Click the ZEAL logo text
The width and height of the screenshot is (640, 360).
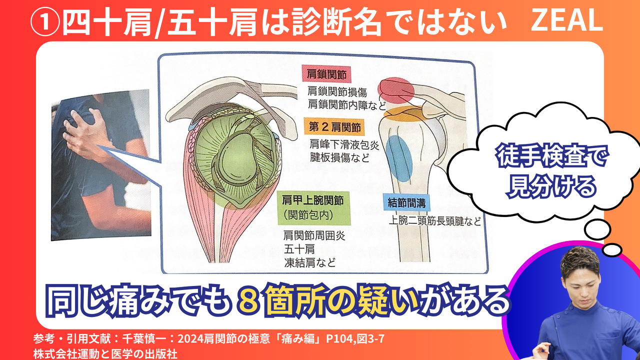[567, 20]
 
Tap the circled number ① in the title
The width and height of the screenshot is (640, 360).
[45, 21]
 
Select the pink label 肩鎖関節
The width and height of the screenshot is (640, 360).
[326, 74]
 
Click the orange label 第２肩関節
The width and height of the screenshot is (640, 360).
[334, 127]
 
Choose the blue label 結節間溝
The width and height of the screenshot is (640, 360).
[407, 203]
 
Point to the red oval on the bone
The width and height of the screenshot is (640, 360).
[395, 89]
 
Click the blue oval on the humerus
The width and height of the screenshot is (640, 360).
[399, 158]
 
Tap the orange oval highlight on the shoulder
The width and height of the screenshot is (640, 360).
[403, 113]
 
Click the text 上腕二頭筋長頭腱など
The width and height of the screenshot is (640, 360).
[435, 221]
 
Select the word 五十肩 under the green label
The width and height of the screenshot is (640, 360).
[299, 249]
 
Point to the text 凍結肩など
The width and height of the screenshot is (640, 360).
[310, 262]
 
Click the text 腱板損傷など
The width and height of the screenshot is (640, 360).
[339, 157]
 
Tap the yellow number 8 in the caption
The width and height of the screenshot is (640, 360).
[249, 300]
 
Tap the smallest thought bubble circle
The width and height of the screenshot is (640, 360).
[612, 250]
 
